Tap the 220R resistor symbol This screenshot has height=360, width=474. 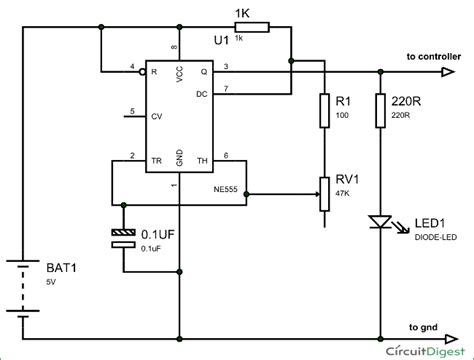[381, 110]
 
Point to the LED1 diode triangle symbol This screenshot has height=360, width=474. [381, 219]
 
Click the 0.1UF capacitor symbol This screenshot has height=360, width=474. [123, 236]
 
